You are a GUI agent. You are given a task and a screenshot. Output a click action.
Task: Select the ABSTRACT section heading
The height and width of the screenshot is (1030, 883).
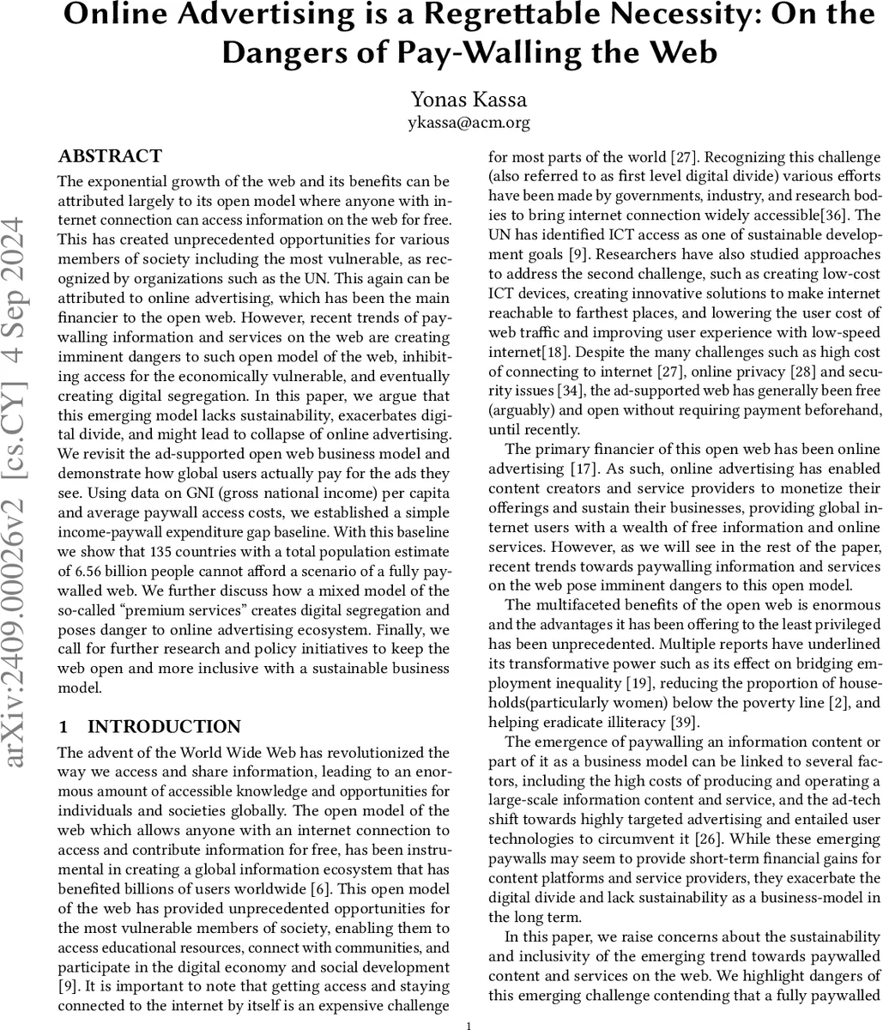109,156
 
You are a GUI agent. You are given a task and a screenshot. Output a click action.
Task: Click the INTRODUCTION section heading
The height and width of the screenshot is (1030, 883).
164,727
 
